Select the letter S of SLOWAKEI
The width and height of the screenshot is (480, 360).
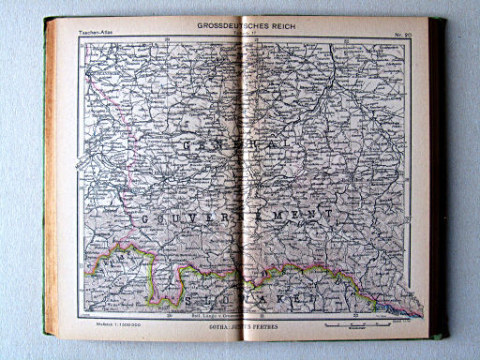coord(191,301)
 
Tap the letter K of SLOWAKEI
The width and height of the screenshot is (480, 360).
coord(280,301)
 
